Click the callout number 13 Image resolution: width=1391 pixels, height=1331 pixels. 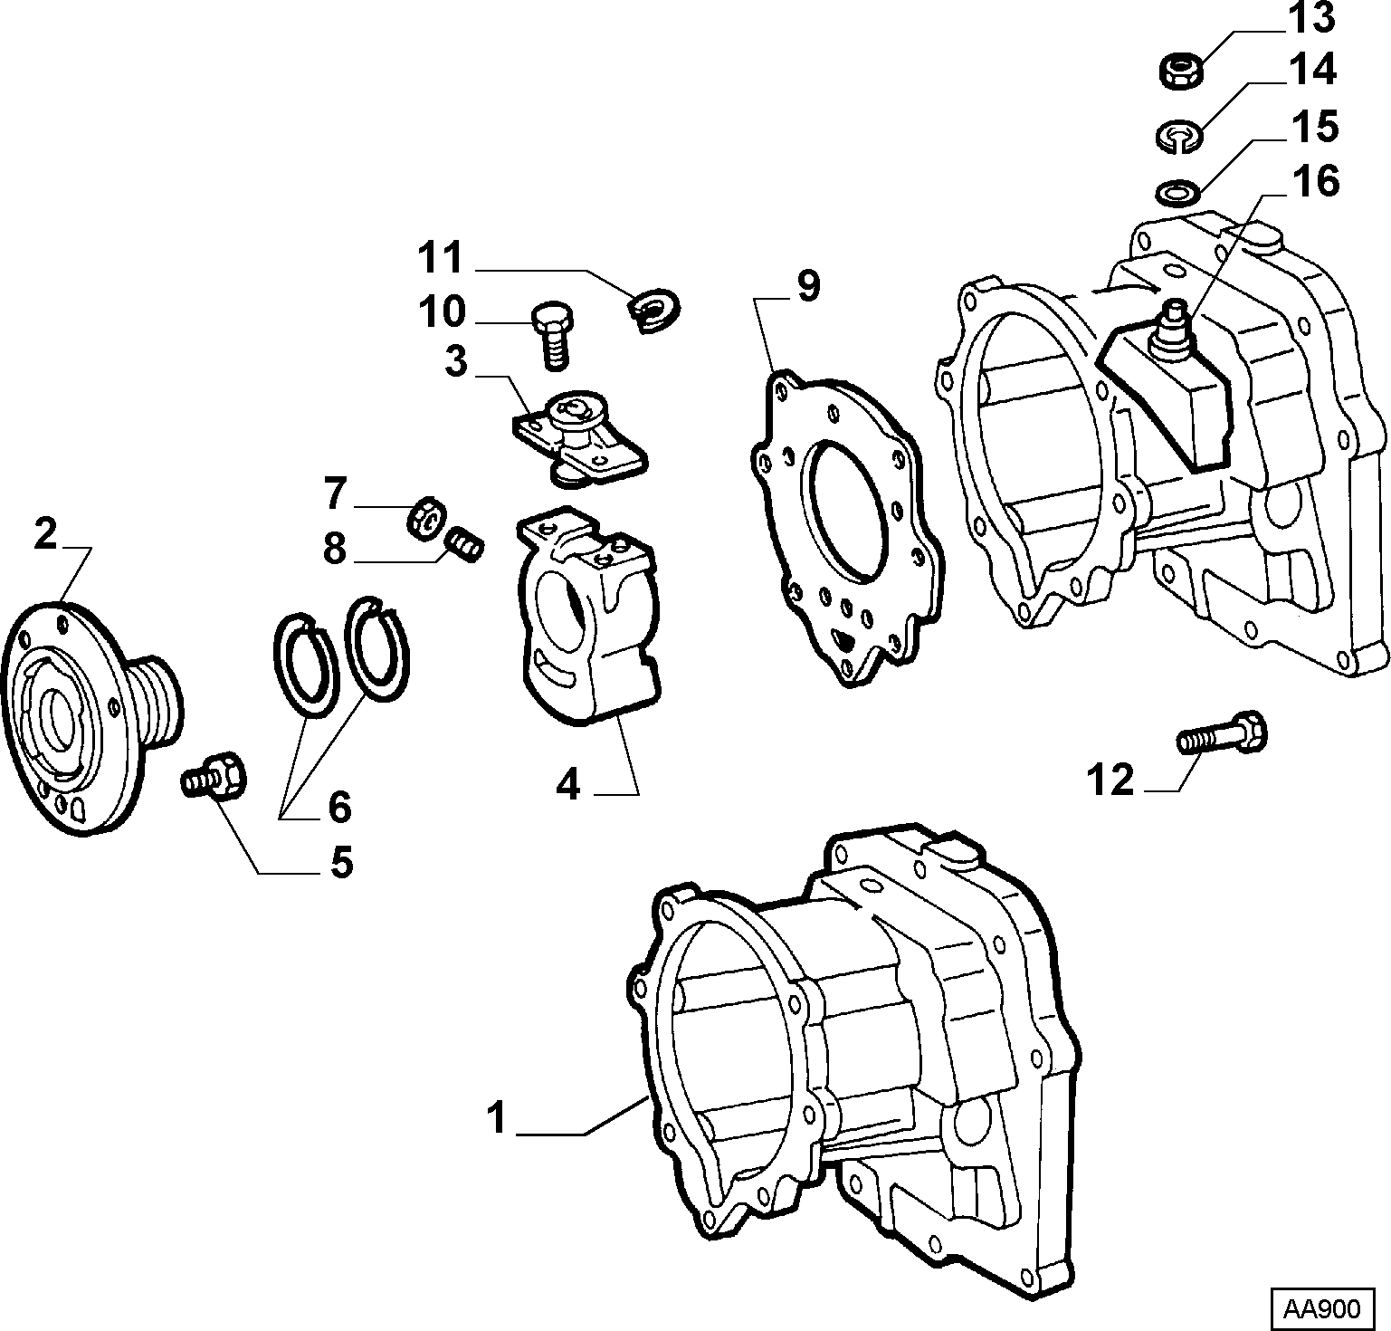pyautogui.click(x=1313, y=18)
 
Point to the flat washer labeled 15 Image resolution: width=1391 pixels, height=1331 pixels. pyautogui.click(x=1177, y=193)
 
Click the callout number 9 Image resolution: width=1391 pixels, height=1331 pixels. pyautogui.click(x=807, y=287)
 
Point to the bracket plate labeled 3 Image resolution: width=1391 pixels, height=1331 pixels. pyautogui.click(x=580, y=435)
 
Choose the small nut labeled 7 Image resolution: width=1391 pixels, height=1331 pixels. pyautogui.click(x=424, y=519)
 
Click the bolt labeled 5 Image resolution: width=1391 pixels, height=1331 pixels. pyautogui.click(x=214, y=777)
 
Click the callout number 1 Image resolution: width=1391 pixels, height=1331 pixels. pyautogui.click(x=496, y=1117)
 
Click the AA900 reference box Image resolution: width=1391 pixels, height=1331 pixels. pyautogui.click(x=1326, y=1307)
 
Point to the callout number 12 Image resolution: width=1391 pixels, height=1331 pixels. pyautogui.click(x=1110, y=779)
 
